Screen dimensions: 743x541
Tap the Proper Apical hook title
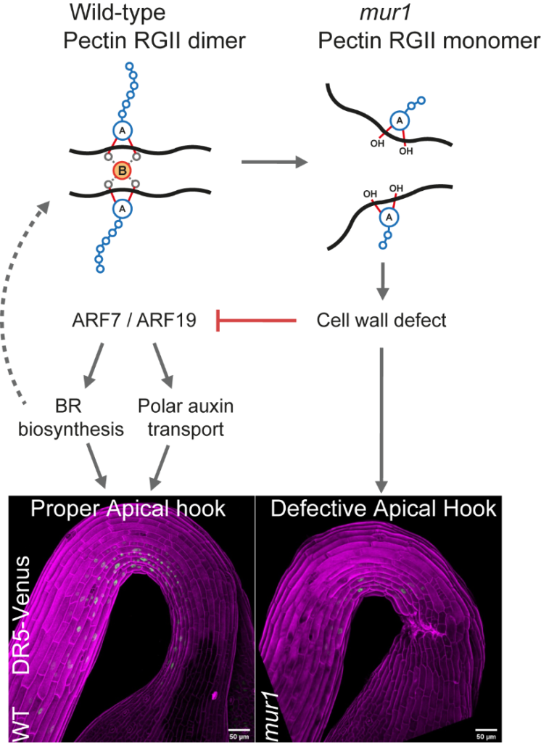click(128, 509)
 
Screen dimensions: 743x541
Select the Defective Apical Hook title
click(383, 509)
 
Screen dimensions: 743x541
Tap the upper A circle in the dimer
click(123, 131)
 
